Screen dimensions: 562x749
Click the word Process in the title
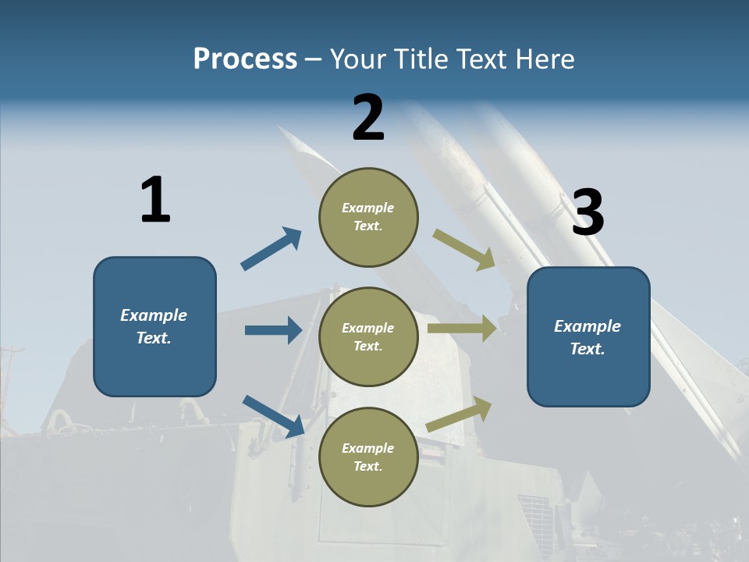tap(245, 59)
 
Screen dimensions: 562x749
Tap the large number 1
tap(155, 200)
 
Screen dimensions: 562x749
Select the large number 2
tap(368, 118)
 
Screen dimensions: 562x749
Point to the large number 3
tap(587, 212)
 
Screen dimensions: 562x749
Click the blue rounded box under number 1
tap(154, 326)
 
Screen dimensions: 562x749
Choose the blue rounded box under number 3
tap(588, 336)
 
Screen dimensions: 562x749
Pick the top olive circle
tap(368, 217)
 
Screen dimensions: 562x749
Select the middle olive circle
tap(368, 336)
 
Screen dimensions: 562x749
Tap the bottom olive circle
tap(368, 457)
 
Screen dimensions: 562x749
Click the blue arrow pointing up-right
tap(272, 249)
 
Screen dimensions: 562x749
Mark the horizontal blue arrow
tap(273, 330)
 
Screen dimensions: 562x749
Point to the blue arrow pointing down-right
tap(274, 416)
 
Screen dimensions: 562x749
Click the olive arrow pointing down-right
tap(464, 250)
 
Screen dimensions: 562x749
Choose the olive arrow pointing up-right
tap(460, 414)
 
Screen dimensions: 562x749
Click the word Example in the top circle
tap(368, 208)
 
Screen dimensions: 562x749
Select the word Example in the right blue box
tap(587, 326)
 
